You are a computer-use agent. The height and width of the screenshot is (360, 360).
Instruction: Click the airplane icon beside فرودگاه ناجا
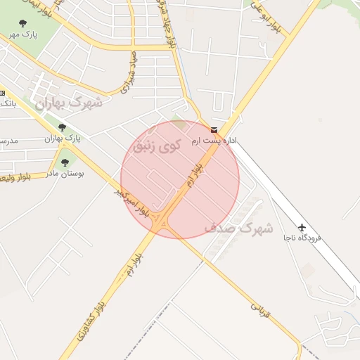(302, 227)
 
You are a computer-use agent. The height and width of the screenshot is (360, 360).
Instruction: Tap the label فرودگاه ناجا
(302, 238)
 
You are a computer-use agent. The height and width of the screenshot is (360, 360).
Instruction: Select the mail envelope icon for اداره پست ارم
(214, 131)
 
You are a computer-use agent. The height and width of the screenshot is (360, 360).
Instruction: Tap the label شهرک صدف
(238, 229)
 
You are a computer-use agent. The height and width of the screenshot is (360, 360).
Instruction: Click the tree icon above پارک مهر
(23, 23)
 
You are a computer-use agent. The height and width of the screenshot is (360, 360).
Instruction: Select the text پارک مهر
(24, 34)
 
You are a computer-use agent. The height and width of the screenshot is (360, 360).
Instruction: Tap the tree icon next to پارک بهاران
(63, 127)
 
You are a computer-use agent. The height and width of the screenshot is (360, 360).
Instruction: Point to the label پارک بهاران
(63, 138)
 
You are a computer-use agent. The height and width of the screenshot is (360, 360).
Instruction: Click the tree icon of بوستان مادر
(65, 162)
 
